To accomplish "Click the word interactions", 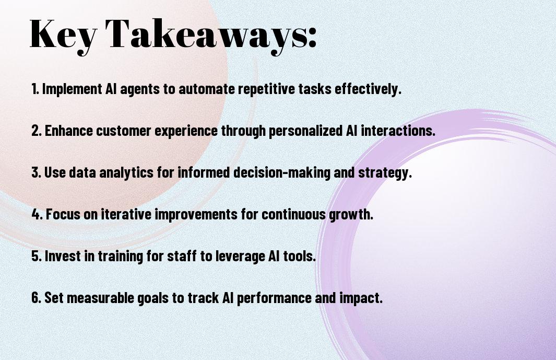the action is point(398,131).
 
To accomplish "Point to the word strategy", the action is point(385,173).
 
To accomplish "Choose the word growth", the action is point(351,215).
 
